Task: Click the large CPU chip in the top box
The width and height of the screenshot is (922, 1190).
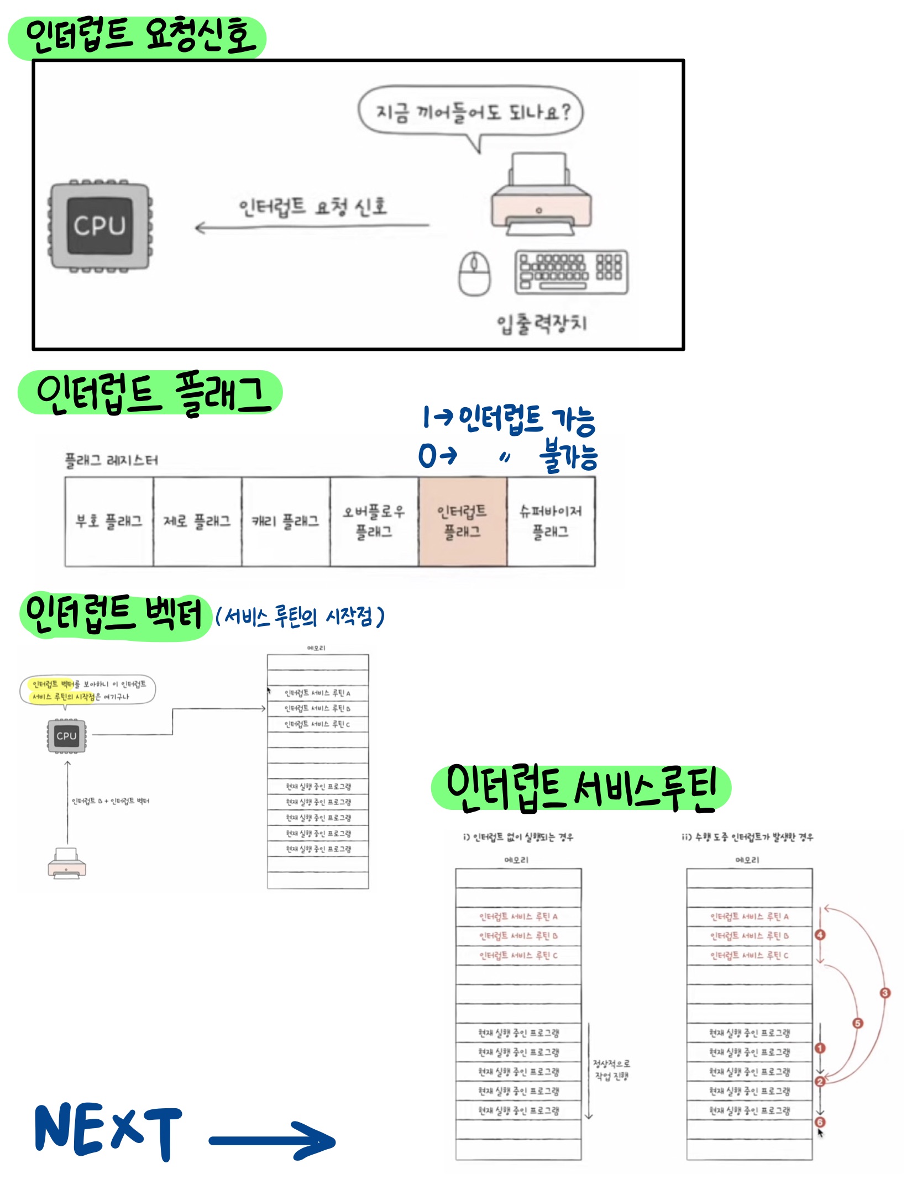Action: (x=100, y=226)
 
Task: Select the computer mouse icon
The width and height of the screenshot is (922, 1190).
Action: (x=474, y=273)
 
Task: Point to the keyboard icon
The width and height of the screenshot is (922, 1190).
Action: (x=571, y=272)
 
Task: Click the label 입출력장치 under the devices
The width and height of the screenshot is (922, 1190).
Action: (x=542, y=323)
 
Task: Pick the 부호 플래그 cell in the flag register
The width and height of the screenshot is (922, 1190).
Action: (x=109, y=522)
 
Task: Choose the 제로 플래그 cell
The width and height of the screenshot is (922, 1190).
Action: (x=197, y=522)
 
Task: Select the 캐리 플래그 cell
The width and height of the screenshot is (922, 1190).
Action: (x=286, y=522)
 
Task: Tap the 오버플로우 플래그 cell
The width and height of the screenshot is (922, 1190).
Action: (x=374, y=522)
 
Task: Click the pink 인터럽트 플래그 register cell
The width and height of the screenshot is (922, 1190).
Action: (x=463, y=522)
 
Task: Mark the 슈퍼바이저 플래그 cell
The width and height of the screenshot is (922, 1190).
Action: (x=551, y=522)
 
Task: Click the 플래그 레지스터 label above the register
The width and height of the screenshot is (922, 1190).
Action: (x=111, y=460)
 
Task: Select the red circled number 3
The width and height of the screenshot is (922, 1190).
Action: (x=885, y=993)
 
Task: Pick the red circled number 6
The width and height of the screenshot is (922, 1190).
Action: (x=820, y=1122)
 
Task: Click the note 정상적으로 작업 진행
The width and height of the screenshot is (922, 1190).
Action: (x=611, y=1070)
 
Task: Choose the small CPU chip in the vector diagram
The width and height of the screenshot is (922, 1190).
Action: (x=66, y=736)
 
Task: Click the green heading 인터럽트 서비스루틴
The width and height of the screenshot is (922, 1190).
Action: (x=581, y=788)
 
